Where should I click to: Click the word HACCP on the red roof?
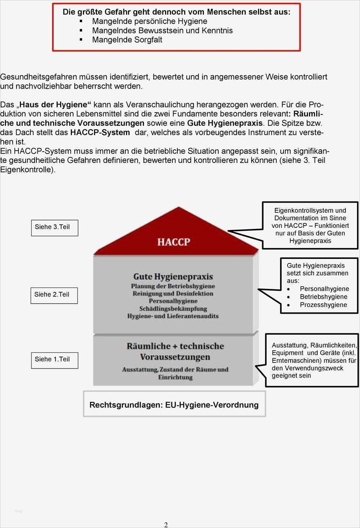174,242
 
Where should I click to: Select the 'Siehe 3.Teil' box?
54,227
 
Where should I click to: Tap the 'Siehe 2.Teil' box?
54,295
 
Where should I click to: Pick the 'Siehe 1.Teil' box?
54,360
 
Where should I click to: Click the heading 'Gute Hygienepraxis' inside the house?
173,277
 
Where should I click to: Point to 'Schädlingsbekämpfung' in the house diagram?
173,309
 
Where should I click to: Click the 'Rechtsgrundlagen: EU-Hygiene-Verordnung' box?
174,405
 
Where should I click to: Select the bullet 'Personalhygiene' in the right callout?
324,289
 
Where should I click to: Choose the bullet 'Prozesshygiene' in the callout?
323,305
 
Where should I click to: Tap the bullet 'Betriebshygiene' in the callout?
323,297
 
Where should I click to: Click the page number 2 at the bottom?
166,525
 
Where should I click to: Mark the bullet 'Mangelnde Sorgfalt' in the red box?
127,40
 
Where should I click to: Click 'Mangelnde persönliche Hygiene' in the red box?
150,21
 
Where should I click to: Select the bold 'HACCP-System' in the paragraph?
100,132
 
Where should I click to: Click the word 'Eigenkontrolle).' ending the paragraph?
28,170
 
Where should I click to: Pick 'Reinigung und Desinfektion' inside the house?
173,293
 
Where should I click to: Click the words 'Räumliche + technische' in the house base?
175,346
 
